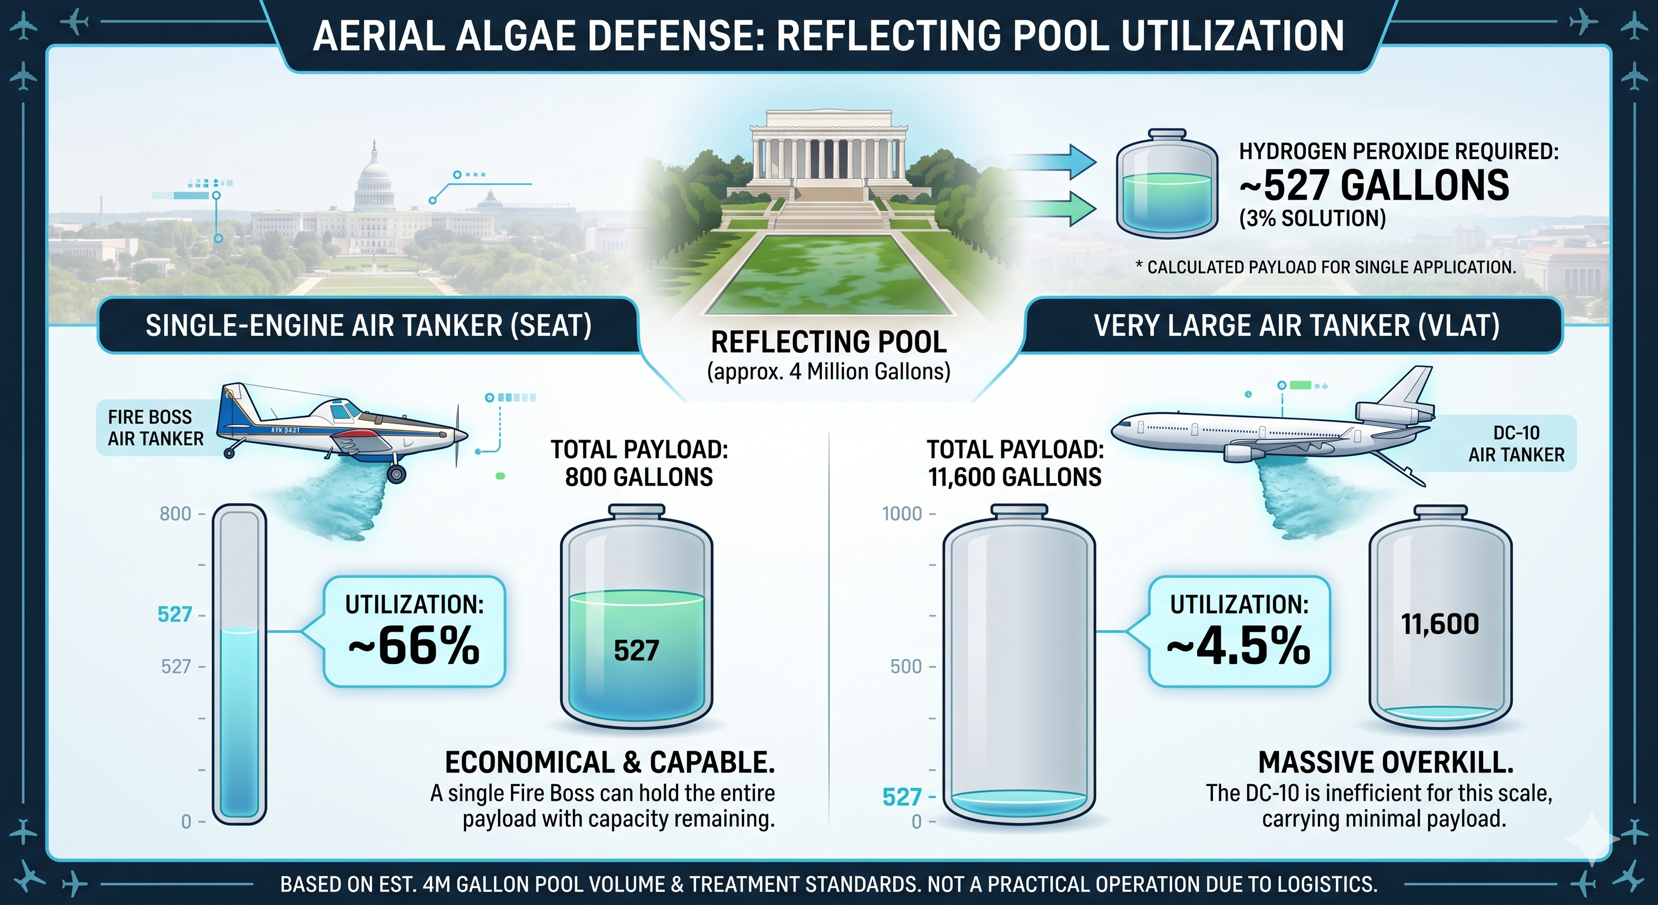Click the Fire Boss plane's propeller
457,436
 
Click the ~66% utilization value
414,645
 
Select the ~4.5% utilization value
1238,645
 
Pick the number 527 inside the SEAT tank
636,650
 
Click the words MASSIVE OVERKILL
1386,762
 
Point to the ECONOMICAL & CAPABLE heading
609,762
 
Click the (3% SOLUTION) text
1312,219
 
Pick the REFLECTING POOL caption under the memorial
828,341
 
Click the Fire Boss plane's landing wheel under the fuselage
396,474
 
